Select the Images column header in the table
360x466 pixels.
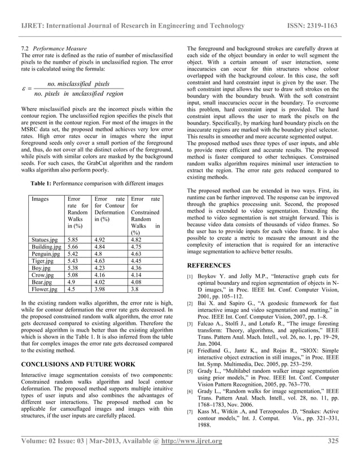pyautogui.click(x=41, y=199)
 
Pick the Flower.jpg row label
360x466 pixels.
pyautogui.click(x=45, y=290)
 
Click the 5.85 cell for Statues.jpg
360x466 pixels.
pyautogui.click(x=73, y=239)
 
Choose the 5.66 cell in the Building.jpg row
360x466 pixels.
pyautogui.click(x=73, y=246)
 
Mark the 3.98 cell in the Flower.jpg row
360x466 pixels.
pyautogui.click(x=102, y=290)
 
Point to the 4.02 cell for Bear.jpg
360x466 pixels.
pyautogui.click(x=102, y=283)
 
